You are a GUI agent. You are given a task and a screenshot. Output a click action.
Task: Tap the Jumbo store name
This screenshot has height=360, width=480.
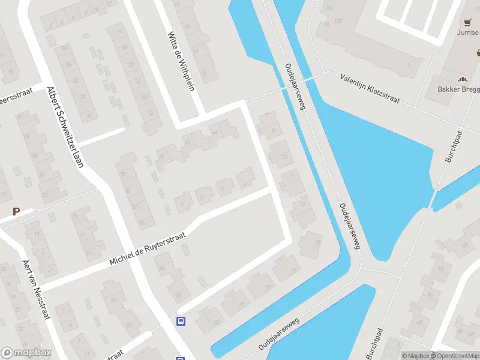[x=468, y=32]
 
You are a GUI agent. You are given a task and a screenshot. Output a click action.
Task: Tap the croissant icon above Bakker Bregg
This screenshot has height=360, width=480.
[x=462, y=79]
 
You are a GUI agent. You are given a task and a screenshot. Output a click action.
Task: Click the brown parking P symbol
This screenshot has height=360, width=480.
[x=16, y=211]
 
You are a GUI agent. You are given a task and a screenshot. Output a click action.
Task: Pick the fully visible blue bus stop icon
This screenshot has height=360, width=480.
[x=181, y=321]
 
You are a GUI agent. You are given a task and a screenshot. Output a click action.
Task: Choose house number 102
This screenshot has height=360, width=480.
[x=338, y=22]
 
